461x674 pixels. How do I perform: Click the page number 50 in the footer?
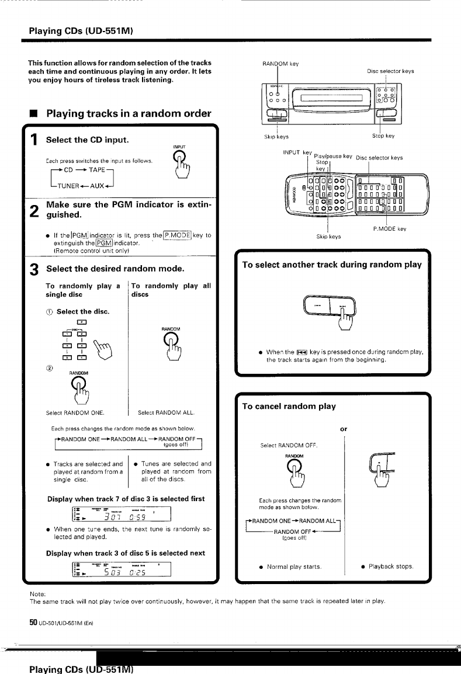[x=33, y=623]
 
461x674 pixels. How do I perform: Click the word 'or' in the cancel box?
[x=344, y=429]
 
